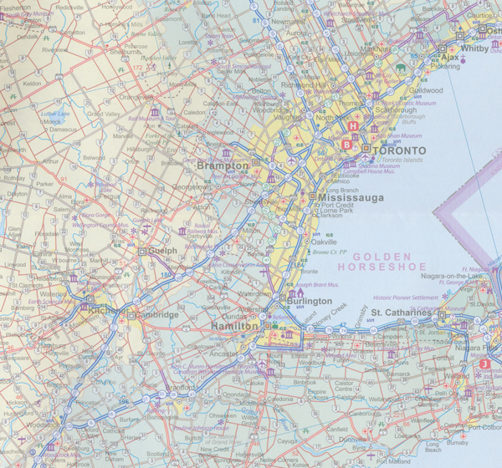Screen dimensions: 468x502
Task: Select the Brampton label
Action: (x=223, y=166)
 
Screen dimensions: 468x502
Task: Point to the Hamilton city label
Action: (x=234, y=326)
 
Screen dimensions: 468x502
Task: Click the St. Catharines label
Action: (x=400, y=313)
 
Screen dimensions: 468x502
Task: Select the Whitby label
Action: (x=474, y=48)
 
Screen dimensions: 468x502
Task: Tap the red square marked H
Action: (x=353, y=126)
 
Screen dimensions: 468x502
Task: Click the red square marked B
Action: (x=346, y=144)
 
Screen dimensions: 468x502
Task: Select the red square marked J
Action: (x=484, y=364)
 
